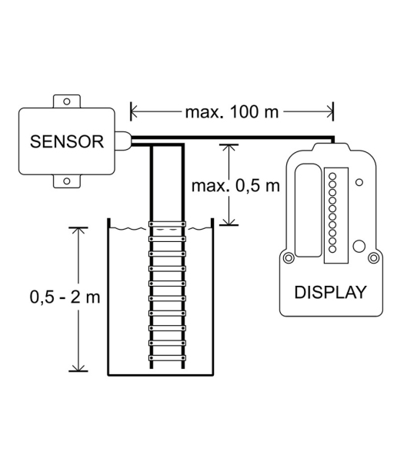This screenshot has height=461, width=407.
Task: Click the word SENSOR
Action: pos(67,141)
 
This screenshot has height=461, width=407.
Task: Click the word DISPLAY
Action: pos(331,292)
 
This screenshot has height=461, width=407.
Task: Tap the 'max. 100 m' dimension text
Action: pos(232,112)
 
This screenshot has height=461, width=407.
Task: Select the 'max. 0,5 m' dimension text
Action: pos(235,186)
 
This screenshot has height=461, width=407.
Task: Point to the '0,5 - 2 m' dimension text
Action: pos(65,297)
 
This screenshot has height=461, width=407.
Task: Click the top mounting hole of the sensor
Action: pos(67,101)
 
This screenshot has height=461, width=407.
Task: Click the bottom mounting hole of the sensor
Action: pos(67,181)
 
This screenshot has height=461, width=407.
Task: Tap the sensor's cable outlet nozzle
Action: pos(122,141)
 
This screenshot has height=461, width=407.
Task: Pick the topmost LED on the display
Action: pos(332,176)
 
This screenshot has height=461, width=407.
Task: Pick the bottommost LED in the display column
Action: pos(332,249)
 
